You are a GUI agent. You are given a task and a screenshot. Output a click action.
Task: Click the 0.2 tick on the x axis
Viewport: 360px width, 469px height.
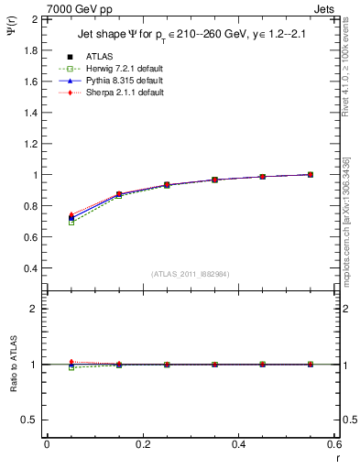point(143,444)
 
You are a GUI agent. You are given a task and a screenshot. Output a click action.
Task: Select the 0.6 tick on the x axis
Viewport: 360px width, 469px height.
point(335,444)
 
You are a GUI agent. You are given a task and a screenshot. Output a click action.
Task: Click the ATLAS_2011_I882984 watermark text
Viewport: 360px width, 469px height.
point(190,274)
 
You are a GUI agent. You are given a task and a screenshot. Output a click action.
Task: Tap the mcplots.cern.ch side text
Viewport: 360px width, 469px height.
point(353,215)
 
